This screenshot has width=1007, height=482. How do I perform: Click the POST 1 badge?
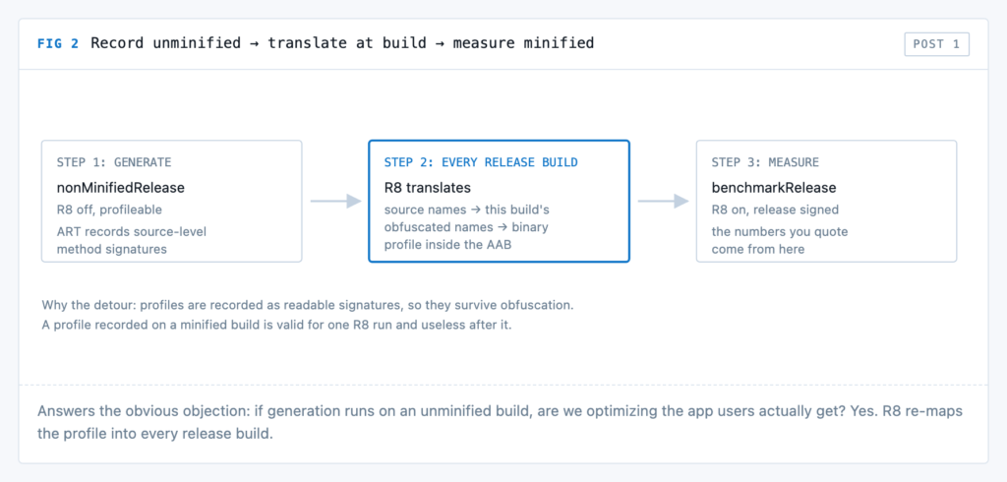tap(936, 44)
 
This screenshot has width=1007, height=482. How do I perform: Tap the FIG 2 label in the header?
tap(58, 43)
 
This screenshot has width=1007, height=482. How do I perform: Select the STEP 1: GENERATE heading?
tap(114, 162)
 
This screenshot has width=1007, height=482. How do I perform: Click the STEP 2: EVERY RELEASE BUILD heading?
tap(480, 162)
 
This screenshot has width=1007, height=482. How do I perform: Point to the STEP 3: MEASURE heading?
tap(765, 162)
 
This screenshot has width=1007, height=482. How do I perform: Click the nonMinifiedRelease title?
tap(120, 188)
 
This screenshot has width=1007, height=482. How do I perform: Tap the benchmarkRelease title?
tap(773, 188)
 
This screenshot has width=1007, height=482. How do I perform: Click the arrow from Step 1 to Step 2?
tap(335, 201)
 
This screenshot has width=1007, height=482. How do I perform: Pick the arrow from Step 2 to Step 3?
tap(663, 201)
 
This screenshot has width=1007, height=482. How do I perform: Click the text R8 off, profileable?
tap(109, 210)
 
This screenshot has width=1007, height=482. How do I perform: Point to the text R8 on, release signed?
tap(775, 210)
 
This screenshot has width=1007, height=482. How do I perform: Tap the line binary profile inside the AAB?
tap(447, 244)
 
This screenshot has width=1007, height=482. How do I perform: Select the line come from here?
tap(758, 249)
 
